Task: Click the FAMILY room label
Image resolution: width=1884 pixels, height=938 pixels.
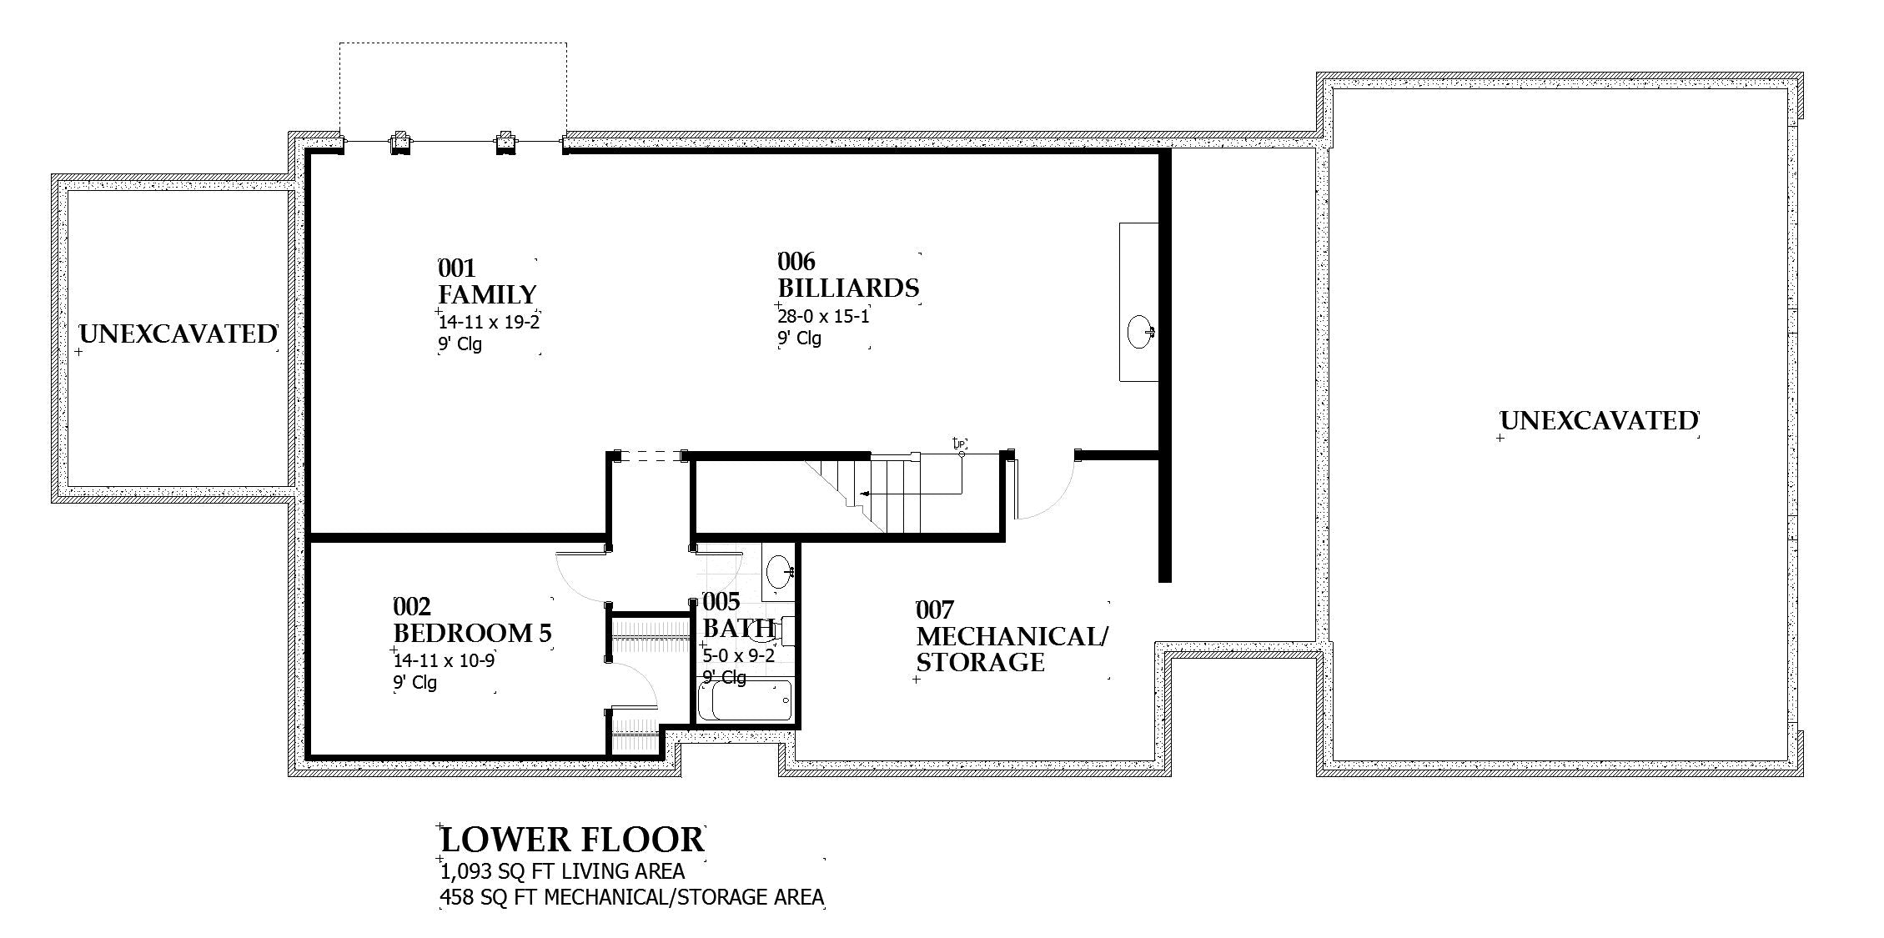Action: [488, 295]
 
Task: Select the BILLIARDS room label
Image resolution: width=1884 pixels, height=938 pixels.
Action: [848, 288]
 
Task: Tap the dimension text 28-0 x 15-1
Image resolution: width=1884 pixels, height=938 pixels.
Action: [824, 317]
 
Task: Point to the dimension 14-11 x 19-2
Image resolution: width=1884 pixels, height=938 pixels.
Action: [490, 322]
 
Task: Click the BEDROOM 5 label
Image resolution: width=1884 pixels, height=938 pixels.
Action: [472, 633]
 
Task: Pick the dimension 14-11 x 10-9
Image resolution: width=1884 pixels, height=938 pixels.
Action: [445, 660]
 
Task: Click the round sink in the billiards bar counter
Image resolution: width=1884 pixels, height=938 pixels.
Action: [1140, 331]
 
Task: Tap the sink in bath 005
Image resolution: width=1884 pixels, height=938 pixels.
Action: [779, 571]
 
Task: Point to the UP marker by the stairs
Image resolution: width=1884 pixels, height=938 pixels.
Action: [959, 444]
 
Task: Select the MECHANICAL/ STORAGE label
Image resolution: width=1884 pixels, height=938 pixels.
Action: [1011, 649]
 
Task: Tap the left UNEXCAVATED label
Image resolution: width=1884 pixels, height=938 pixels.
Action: [178, 334]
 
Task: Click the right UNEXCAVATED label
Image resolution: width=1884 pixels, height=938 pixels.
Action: [1599, 421]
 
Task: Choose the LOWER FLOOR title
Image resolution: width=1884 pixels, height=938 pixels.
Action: [572, 840]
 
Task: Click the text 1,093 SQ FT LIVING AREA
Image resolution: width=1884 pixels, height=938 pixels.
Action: [562, 872]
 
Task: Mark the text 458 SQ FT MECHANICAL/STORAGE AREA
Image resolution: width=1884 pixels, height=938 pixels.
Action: [631, 898]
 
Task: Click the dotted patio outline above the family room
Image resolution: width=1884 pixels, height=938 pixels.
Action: [453, 44]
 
